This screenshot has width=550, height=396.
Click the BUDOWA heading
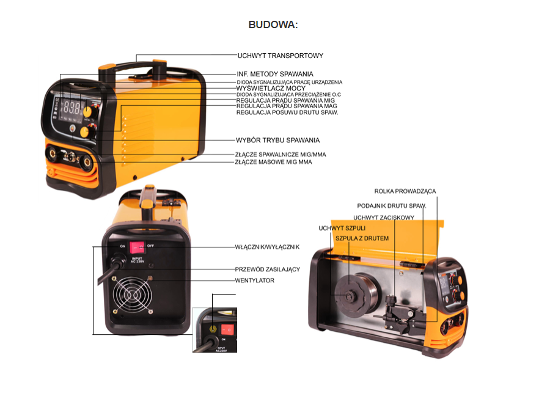point(273,25)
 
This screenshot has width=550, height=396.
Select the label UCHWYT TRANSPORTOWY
point(280,56)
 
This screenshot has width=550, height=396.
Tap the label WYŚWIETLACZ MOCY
point(271,89)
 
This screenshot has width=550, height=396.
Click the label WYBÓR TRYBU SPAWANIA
point(277,141)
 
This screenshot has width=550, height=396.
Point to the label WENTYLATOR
point(255,280)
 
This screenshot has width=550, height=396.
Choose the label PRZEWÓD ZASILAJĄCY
point(268,269)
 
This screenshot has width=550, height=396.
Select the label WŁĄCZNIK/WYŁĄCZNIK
point(267,247)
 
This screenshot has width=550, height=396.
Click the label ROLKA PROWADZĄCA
point(405,191)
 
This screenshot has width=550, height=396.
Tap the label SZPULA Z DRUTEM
point(362,238)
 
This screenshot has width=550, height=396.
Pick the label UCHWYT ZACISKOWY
point(384,217)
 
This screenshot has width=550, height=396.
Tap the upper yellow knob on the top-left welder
point(89,111)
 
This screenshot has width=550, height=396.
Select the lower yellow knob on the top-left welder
point(84,131)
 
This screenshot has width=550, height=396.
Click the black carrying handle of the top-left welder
point(134,63)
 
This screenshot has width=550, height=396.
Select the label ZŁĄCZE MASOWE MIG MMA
point(274,163)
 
